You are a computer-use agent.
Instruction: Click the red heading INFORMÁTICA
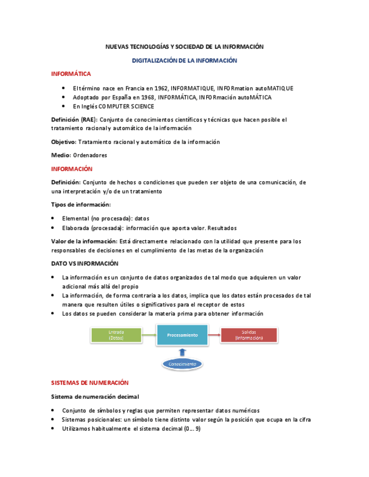(x=70, y=74)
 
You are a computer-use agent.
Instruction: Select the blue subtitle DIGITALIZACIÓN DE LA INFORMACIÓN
(x=184, y=60)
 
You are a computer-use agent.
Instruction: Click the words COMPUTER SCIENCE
(x=127, y=106)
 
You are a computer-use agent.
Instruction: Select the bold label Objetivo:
(x=64, y=142)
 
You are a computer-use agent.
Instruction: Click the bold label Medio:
(x=61, y=155)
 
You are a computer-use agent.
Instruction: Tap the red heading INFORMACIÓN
(x=72, y=169)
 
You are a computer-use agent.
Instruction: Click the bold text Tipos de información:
(x=81, y=204)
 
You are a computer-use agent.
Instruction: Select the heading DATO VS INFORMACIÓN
(x=85, y=263)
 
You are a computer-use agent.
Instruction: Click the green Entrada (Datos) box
(x=116, y=335)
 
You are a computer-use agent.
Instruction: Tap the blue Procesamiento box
(x=182, y=335)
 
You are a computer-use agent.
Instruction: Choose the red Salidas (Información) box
(x=248, y=335)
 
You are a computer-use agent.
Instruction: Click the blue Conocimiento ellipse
(x=182, y=364)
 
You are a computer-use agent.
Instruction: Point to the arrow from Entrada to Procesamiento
(x=149, y=335)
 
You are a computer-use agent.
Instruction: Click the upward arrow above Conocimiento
(x=182, y=352)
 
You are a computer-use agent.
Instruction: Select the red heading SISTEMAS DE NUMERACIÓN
(x=90, y=382)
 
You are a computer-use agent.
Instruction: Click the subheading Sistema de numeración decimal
(x=95, y=397)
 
